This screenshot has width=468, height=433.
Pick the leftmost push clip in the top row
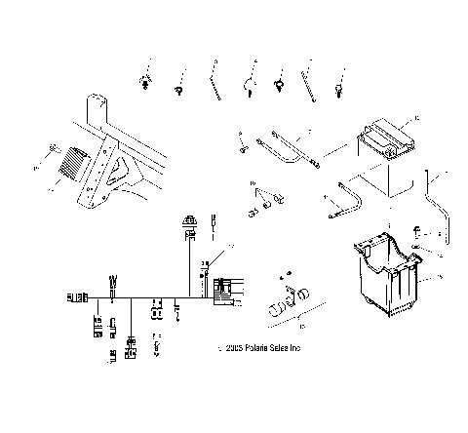[x=145, y=81]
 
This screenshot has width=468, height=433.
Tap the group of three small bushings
[x=265, y=202]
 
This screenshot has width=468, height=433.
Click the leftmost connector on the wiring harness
[x=75, y=295]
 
